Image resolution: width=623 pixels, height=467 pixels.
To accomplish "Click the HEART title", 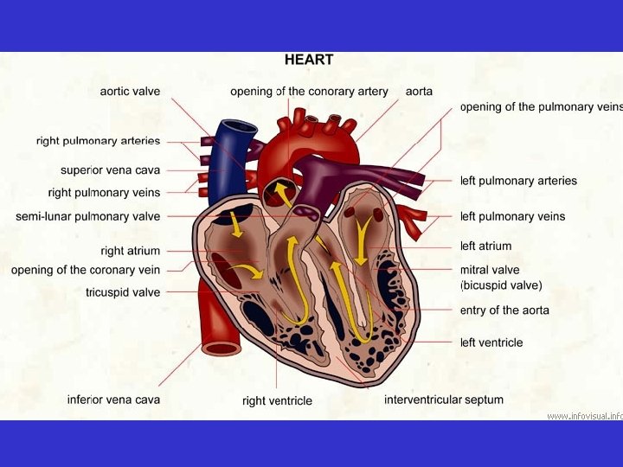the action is (x=309, y=61).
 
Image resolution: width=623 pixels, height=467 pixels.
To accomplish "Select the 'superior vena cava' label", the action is (x=110, y=170).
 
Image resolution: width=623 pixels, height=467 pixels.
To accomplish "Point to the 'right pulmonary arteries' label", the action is (x=98, y=140).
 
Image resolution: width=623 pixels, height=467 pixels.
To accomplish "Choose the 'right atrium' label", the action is (x=130, y=251).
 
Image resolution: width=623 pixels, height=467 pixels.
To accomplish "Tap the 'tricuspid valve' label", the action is (x=123, y=292).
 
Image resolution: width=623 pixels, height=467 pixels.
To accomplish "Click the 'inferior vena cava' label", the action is (x=113, y=400).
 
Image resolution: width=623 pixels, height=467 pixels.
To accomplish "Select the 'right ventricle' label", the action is (x=277, y=400).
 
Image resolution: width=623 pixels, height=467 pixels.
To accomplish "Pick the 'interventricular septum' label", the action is (x=444, y=400).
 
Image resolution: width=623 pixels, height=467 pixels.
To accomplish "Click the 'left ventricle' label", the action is (x=491, y=342).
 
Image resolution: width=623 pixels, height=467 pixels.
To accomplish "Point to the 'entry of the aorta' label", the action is (x=504, y=310).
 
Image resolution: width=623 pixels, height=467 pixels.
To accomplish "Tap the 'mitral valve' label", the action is (x=490, y=270).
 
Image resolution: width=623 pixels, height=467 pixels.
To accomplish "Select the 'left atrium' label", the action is (x=485, y=246).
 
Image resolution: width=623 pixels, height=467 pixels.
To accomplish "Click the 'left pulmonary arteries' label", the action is (x=518, y=181).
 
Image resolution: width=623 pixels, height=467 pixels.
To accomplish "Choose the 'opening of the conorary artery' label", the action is (x=309, y=91).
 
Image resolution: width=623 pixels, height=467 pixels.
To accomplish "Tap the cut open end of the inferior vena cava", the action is (x=222, y=348).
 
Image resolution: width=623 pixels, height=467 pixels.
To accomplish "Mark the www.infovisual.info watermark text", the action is (x=585, y=416).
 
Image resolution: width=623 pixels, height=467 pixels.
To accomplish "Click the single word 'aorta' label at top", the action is (x=419, y=91).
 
